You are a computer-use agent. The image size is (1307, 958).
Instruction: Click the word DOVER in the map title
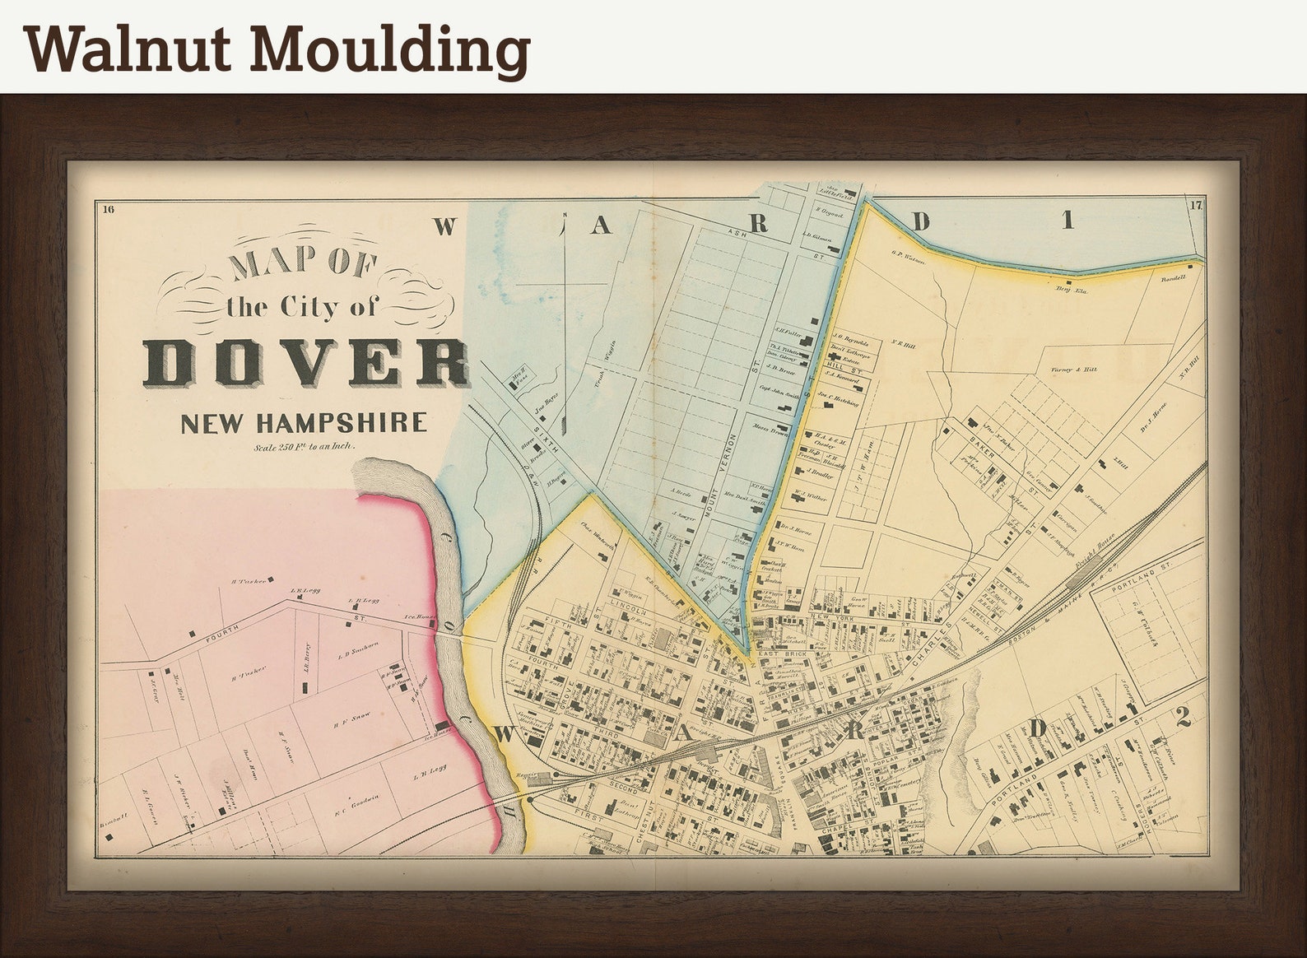click(x=306, y=362)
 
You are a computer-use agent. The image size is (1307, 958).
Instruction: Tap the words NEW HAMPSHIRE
click(x=304, y=423)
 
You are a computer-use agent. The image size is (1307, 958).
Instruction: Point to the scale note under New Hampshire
click(x=304, y=448)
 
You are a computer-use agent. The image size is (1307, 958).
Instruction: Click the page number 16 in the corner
click(x=109, y=209)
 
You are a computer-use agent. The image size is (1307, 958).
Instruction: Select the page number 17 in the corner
click(x=1196, y=206)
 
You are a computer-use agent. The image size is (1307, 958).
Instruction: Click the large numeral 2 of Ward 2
click(x=1183, y=718)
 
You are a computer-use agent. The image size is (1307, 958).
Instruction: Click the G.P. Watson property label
click(x=908, y=260)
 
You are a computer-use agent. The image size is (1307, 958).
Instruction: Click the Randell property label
click(x=1174, y=278)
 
